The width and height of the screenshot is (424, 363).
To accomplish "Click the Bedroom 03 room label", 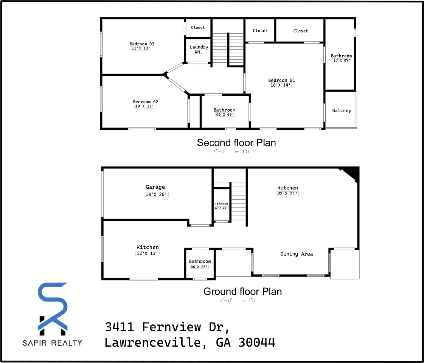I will coord(142,44).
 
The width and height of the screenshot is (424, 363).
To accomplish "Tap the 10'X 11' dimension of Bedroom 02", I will coord(145,107).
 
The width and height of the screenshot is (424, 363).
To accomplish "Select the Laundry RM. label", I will coord(199,50).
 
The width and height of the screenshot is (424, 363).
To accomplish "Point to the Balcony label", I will coord(342,111).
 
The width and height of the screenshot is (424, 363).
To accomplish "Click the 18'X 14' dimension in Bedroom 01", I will coord(281,85).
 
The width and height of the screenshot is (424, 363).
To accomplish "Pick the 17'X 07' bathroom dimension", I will coord(342,60).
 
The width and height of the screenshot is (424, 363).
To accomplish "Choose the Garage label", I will coord(155,187).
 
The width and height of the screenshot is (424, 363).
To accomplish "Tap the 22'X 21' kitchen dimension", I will coord(287,194).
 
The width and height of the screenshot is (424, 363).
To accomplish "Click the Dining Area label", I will coord(297,254).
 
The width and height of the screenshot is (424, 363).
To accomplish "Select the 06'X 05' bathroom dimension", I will coord(199,267).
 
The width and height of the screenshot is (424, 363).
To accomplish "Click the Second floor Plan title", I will coord(236,143).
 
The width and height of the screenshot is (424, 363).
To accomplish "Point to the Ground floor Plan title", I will coord(242,292).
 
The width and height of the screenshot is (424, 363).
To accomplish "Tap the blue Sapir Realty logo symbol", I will coord(53,307).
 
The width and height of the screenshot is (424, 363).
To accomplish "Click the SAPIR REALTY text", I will coord(52,343).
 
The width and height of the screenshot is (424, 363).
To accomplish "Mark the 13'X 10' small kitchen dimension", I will coord(221,208).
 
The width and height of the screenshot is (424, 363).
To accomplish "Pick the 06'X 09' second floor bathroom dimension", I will coord(225,115).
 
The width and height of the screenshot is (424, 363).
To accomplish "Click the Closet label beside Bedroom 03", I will coord(198,28).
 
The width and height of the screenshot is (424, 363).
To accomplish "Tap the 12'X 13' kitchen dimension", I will coord(148,254).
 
